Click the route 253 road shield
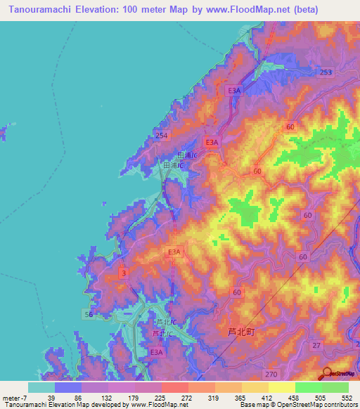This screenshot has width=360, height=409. (325, 72)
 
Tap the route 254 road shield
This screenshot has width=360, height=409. (161, 134)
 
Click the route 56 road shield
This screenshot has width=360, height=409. (89, 313)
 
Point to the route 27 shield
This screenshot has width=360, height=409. (316, 345)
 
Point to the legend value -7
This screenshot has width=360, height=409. (23, 397)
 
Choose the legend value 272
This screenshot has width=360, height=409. (188, 397)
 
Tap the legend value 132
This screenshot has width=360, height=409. (108, 397)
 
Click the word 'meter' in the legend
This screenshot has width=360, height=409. (10, 397)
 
